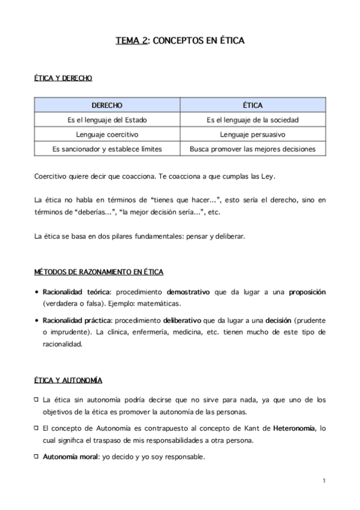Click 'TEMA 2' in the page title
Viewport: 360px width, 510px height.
click(131, 41)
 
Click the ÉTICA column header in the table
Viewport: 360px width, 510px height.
click(252, 105)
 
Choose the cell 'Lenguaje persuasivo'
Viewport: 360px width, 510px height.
click(252, 134)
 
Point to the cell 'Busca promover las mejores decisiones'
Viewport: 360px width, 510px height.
click(252, 149)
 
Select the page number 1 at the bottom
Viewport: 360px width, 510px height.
click(323, 481)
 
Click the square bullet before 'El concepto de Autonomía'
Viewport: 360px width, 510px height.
click(37, 428)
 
